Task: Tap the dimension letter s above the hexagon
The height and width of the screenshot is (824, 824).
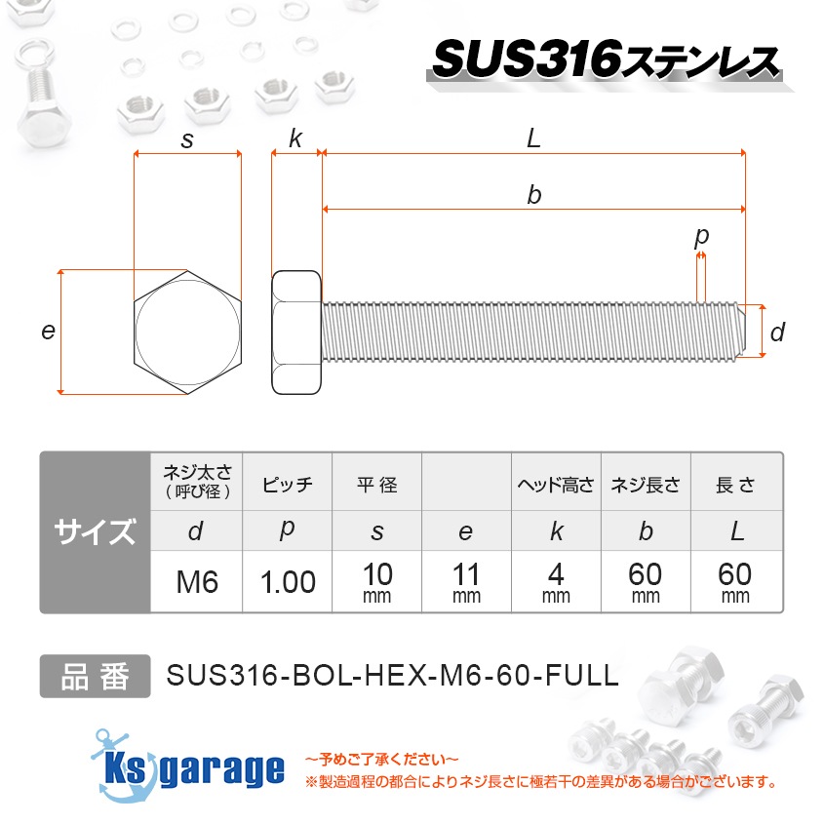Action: tap(187, 140)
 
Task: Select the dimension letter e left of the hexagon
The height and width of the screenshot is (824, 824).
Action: tap(47, 332)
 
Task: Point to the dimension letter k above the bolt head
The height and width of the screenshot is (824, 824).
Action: tap(295, 139)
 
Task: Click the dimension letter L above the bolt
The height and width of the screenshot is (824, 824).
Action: tap(532, 139)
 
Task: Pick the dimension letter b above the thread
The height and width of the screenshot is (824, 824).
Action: tap(533, 195)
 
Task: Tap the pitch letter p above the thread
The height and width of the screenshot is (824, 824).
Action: tap(701, 236)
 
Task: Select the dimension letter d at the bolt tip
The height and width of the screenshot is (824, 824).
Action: tap(776, 333)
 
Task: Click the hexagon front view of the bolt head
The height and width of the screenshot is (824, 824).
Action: tap(187, 332)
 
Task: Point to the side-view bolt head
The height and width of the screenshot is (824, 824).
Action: tap(295, 333)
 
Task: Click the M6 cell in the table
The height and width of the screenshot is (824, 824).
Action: tap(196, 582)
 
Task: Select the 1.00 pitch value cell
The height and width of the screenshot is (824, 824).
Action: tap(288, 582)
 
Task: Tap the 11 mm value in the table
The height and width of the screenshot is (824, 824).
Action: tap(466, 582)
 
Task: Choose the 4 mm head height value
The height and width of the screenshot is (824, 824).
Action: tap(556, 582)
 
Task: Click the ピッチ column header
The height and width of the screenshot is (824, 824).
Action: tap(288, 485)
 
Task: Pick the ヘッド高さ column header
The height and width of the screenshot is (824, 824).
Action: tap(556, 485)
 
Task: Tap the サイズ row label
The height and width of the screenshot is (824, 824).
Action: tap(95, 532)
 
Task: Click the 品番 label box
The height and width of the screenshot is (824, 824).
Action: tap(95, 676)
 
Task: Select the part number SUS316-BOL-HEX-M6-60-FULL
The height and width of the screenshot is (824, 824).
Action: tap(393, 676)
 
